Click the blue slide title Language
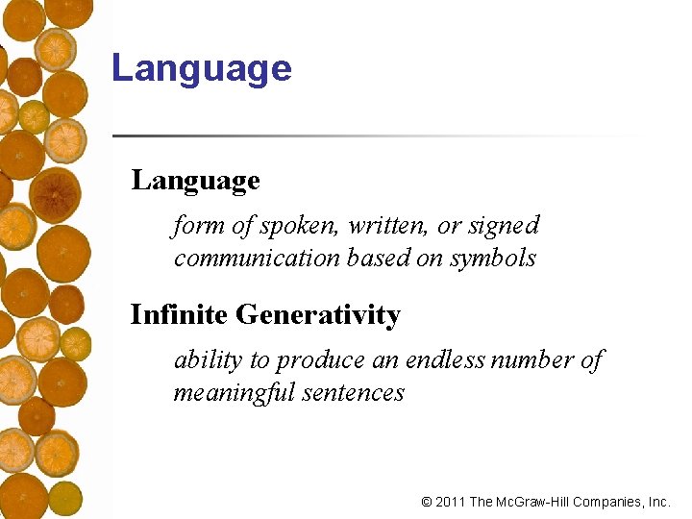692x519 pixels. coord(201,69)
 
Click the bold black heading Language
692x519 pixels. coord(195,181)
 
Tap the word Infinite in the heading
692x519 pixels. coord(179,314)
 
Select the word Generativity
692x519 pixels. coord(318,315)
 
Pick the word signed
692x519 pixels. coord(504,227)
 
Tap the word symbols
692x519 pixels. coord(492,259)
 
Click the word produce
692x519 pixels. coord(320,361)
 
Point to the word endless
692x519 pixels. coord(446,360)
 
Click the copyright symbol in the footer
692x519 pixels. coord(427,502)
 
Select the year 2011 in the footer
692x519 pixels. coord(451,502)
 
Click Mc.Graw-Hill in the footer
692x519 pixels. coord(533,502)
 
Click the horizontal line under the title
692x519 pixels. coord(375,136)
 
